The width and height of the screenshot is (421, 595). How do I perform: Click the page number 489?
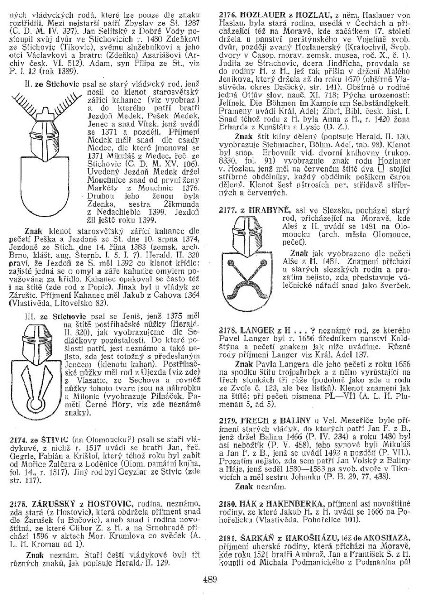(x=210, y=580)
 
